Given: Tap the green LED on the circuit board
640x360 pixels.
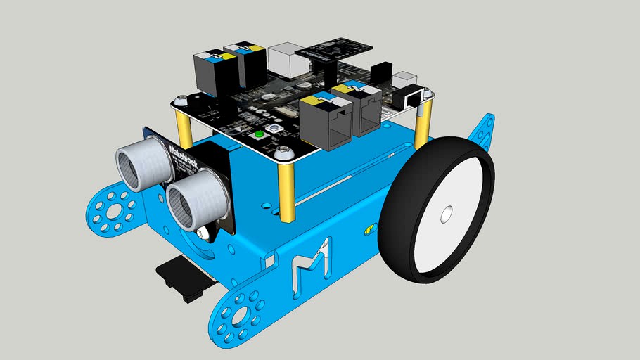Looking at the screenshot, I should point(258,134).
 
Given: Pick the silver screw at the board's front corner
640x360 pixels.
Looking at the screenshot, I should point(283,153).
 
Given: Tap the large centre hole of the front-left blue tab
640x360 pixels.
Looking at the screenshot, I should point(112,209).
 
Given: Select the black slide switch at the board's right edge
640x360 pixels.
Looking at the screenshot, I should point(406,98).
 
